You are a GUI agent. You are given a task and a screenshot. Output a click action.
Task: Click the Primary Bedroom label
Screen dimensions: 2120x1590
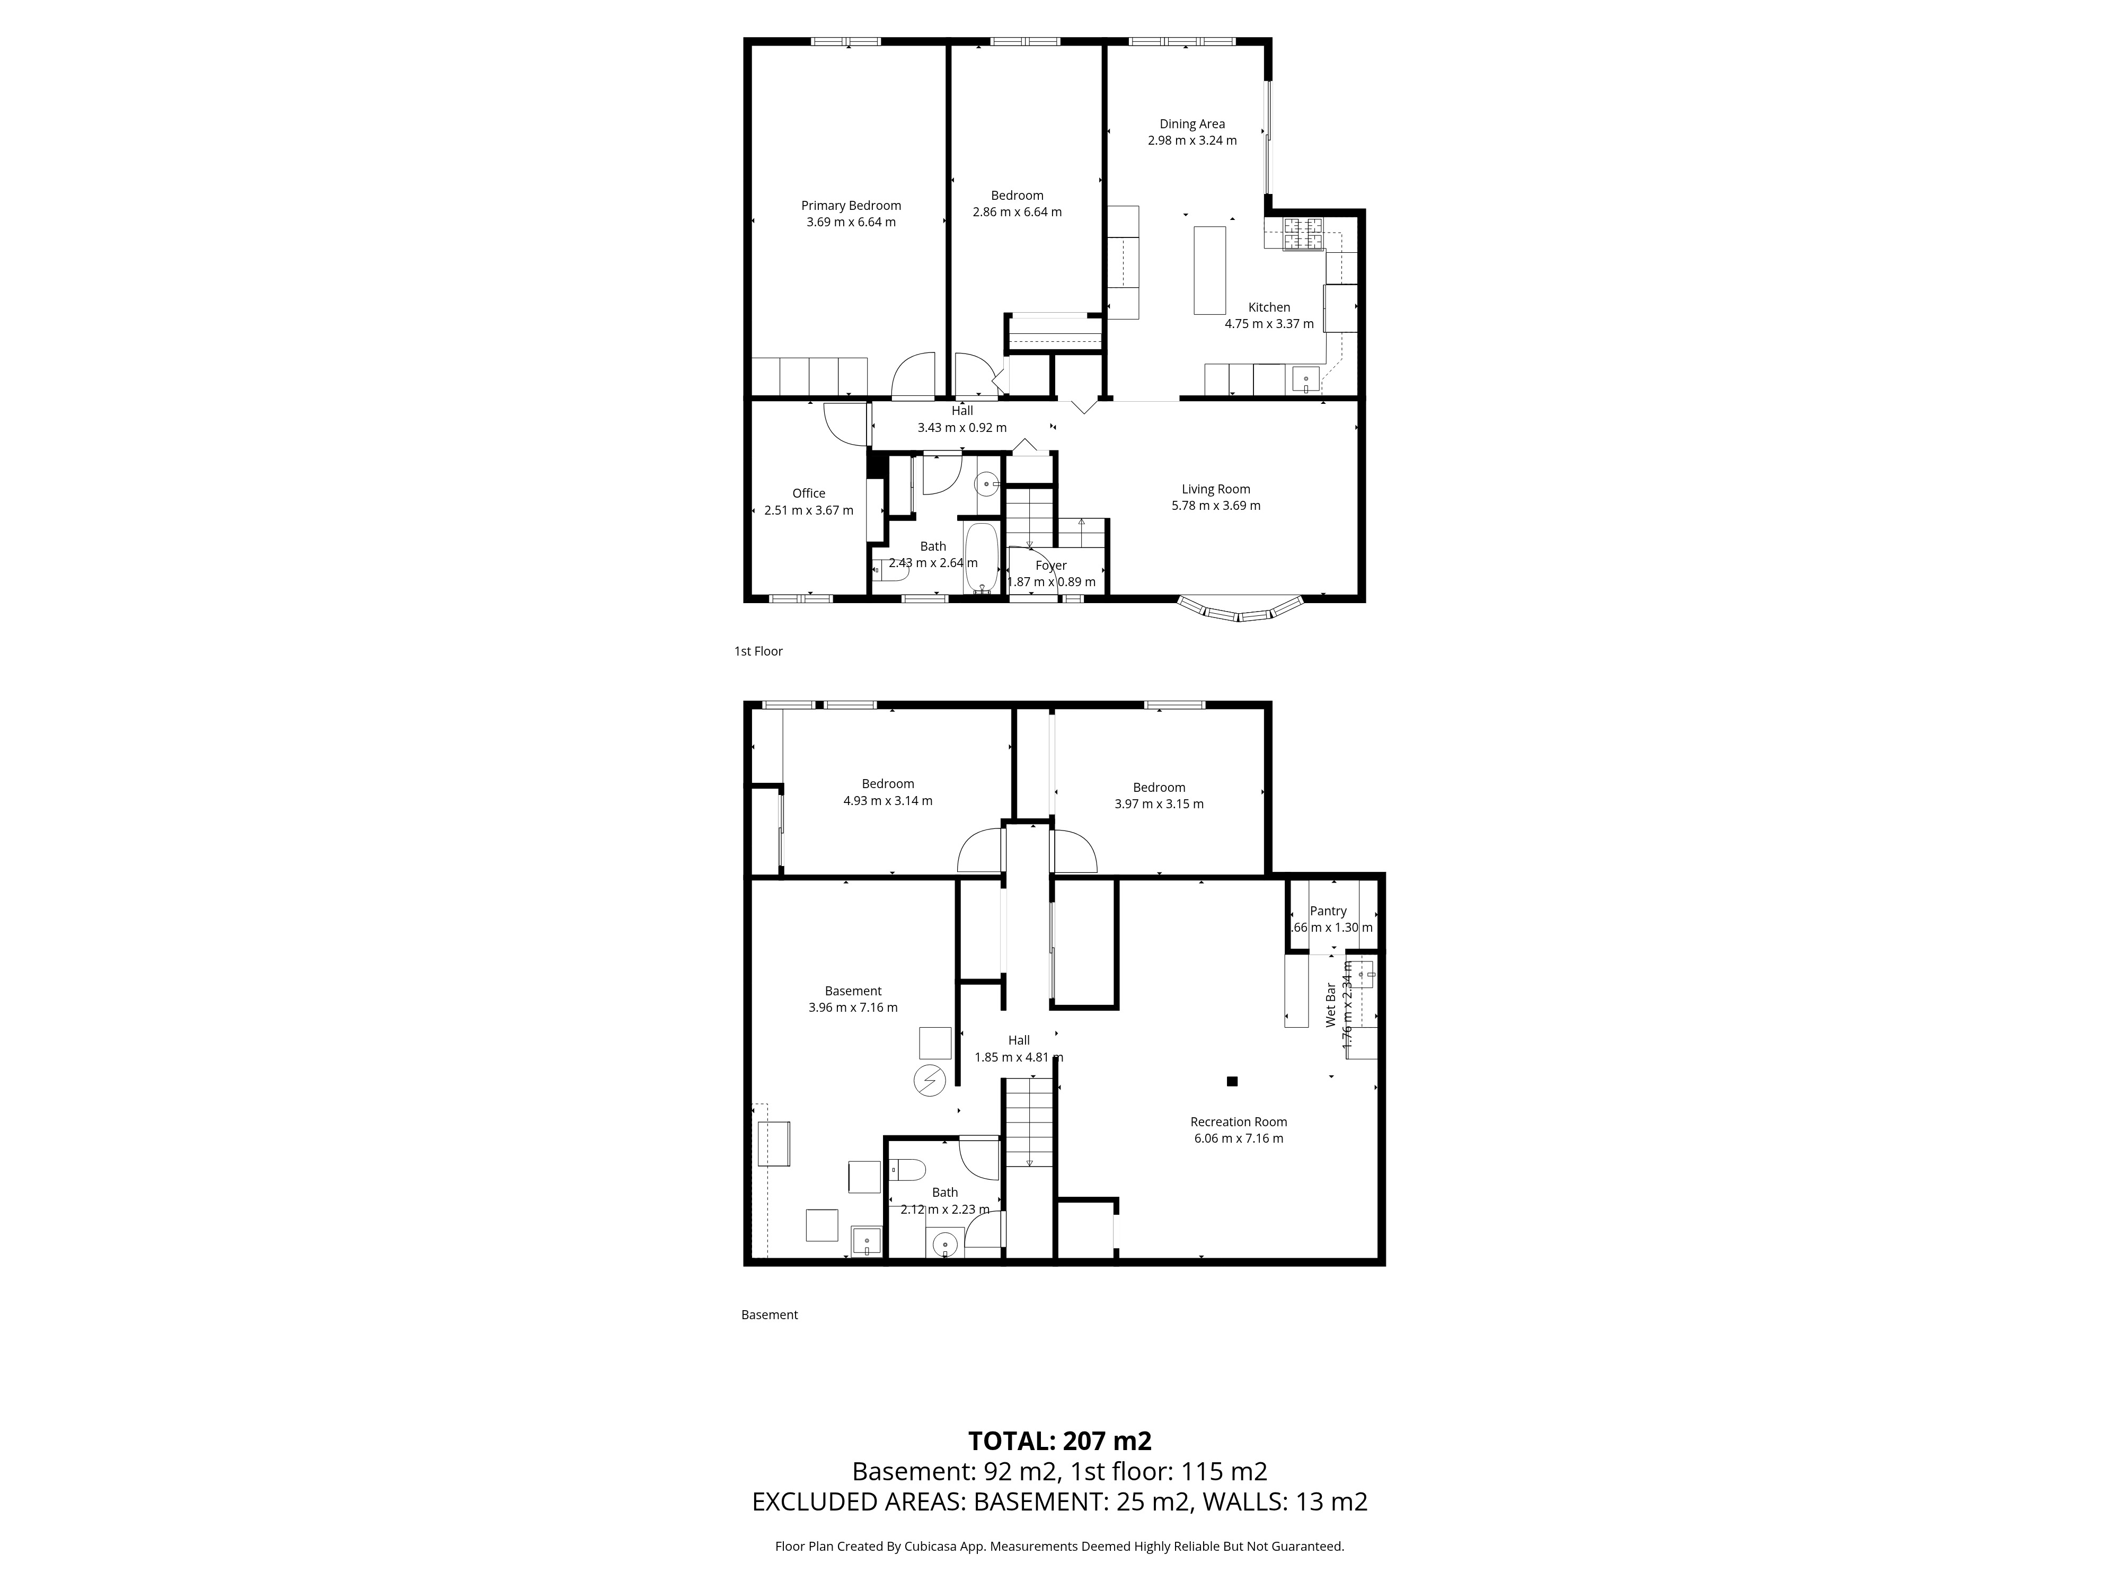tap(851, 205)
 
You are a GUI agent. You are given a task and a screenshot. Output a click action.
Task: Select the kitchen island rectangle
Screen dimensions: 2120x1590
tap(1209, 270)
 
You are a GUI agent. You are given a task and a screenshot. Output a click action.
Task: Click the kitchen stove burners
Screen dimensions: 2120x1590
tap(1303, 235)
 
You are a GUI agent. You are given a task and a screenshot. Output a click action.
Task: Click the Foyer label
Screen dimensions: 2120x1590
tap(1052, 566)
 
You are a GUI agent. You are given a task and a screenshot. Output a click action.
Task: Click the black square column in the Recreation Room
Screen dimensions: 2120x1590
tap(1232, 1081)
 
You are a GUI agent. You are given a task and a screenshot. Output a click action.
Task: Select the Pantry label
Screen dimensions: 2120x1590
tap(1328, 911)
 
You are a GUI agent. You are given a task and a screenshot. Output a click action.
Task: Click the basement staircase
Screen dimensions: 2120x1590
tap(1028, 1121)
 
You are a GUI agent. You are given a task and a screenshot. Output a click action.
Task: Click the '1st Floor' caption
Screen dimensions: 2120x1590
tap(758, 651)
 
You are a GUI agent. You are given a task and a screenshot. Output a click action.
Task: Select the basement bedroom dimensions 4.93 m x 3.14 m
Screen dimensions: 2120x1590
tap(888, 800)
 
